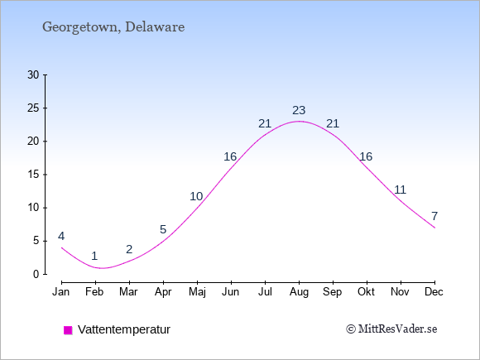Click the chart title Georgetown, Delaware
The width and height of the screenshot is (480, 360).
point(113,27)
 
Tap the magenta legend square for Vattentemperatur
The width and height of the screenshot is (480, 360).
point(68,330)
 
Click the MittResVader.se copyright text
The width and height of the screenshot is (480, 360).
point(391,329)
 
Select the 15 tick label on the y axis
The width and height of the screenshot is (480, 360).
point(33,175)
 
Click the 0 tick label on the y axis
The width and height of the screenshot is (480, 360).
point(36,274)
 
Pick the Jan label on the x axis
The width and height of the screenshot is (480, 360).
point(61,292)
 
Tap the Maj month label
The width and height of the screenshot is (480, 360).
point(197,292)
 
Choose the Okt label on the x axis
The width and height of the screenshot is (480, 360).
point(366,292)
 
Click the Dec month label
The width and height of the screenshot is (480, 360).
point(434,292)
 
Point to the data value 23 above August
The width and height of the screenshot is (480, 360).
point(299,110)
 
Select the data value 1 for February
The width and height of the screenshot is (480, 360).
point(94,256)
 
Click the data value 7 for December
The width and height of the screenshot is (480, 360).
point(434,216)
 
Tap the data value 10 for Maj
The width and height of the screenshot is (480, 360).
point(196,196)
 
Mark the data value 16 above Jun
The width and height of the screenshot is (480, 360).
point(230,156)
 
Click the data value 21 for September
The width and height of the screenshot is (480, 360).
point(333,123)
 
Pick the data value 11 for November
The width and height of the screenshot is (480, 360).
point(400,190)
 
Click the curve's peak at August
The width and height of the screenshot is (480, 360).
point(299,121)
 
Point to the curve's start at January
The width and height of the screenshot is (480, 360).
point(61,247)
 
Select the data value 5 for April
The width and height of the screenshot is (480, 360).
point(163,229)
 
